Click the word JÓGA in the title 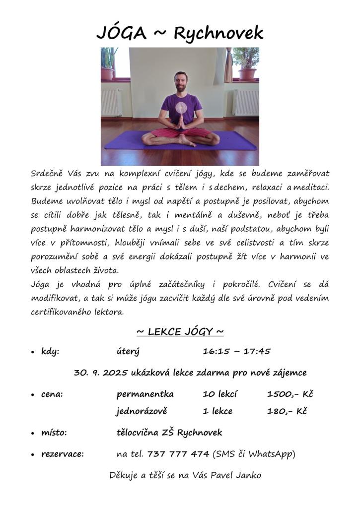[122, 33]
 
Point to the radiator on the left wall [111, 102]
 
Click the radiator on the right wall [246, 102]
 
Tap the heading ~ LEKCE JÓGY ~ [180, 331]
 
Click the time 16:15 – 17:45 [236, 352]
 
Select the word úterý [128, 352]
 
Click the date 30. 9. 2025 [101, 373]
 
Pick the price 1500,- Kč [290, 394]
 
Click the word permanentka [145, 394]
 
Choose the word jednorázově [142, 411]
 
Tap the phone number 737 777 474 [178, 453]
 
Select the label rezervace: [63, 453]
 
